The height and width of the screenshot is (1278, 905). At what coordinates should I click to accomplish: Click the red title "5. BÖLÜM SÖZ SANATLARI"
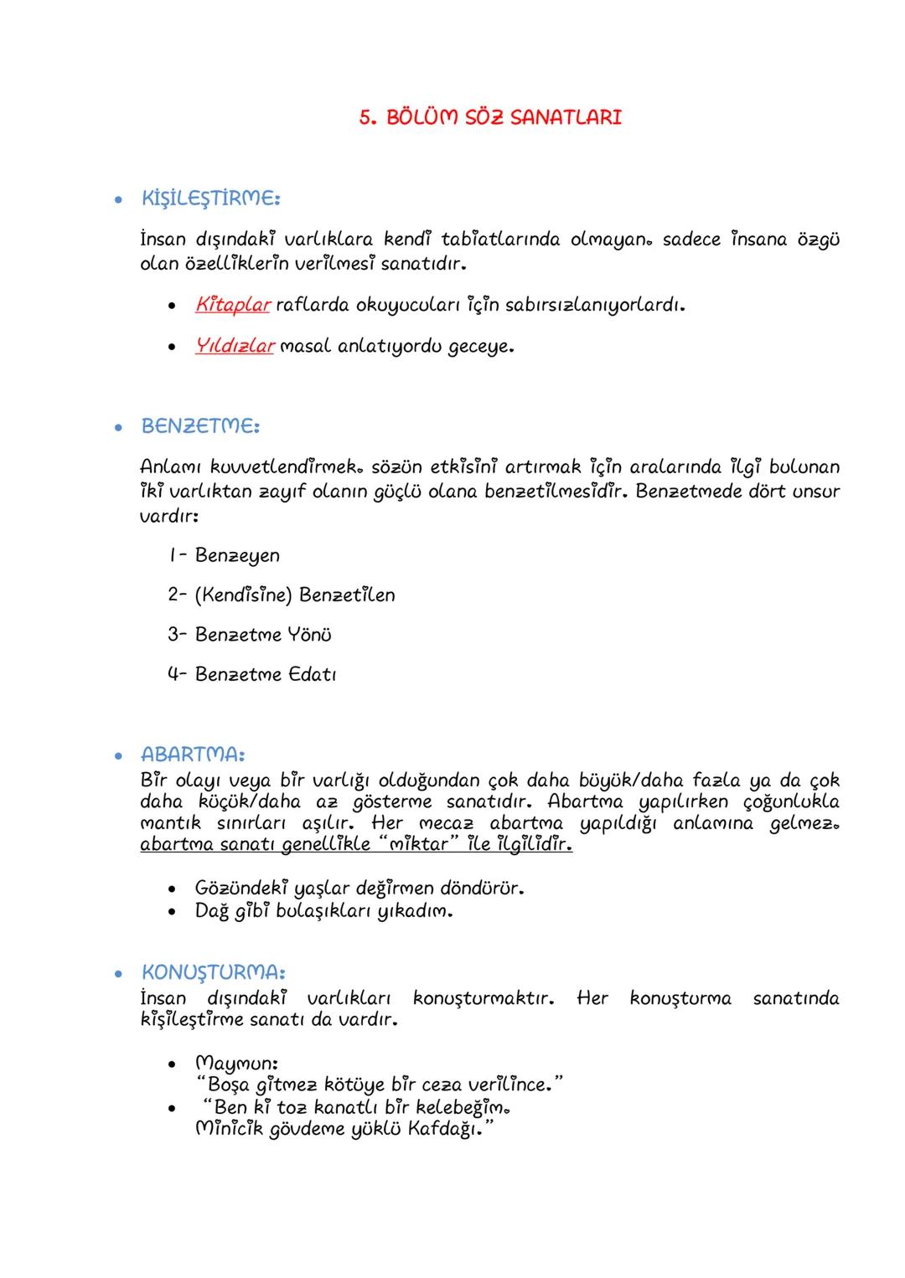tap(490, 117)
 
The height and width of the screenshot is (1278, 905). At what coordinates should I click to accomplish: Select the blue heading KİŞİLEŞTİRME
tap(210, 198)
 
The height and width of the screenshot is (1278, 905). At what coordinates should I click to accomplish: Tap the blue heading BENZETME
tap(200, 425)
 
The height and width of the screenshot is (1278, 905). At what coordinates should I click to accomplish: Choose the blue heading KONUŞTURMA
tap(213, 972)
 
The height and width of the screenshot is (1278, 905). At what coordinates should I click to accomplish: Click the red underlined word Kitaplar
tap(232, 305)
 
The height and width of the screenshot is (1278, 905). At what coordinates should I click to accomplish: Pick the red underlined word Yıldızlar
tap(235, 345)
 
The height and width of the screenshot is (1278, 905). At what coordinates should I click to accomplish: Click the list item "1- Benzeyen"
tap(223, 555)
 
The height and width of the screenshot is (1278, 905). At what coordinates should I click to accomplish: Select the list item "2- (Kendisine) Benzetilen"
tap(281, 595)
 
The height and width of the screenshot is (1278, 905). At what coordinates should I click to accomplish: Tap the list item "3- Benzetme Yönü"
tap(249, 635)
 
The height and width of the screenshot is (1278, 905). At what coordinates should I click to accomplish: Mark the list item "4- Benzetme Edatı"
tap(251, 674)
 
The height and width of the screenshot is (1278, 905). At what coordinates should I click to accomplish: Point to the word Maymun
tap(236, 1064)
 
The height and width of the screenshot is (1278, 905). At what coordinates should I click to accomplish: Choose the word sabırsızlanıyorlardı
tap(586, 305)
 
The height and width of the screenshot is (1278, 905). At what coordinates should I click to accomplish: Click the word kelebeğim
tap(463, 1107)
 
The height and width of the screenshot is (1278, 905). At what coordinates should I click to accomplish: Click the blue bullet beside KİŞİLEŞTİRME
tap(119, 199)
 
